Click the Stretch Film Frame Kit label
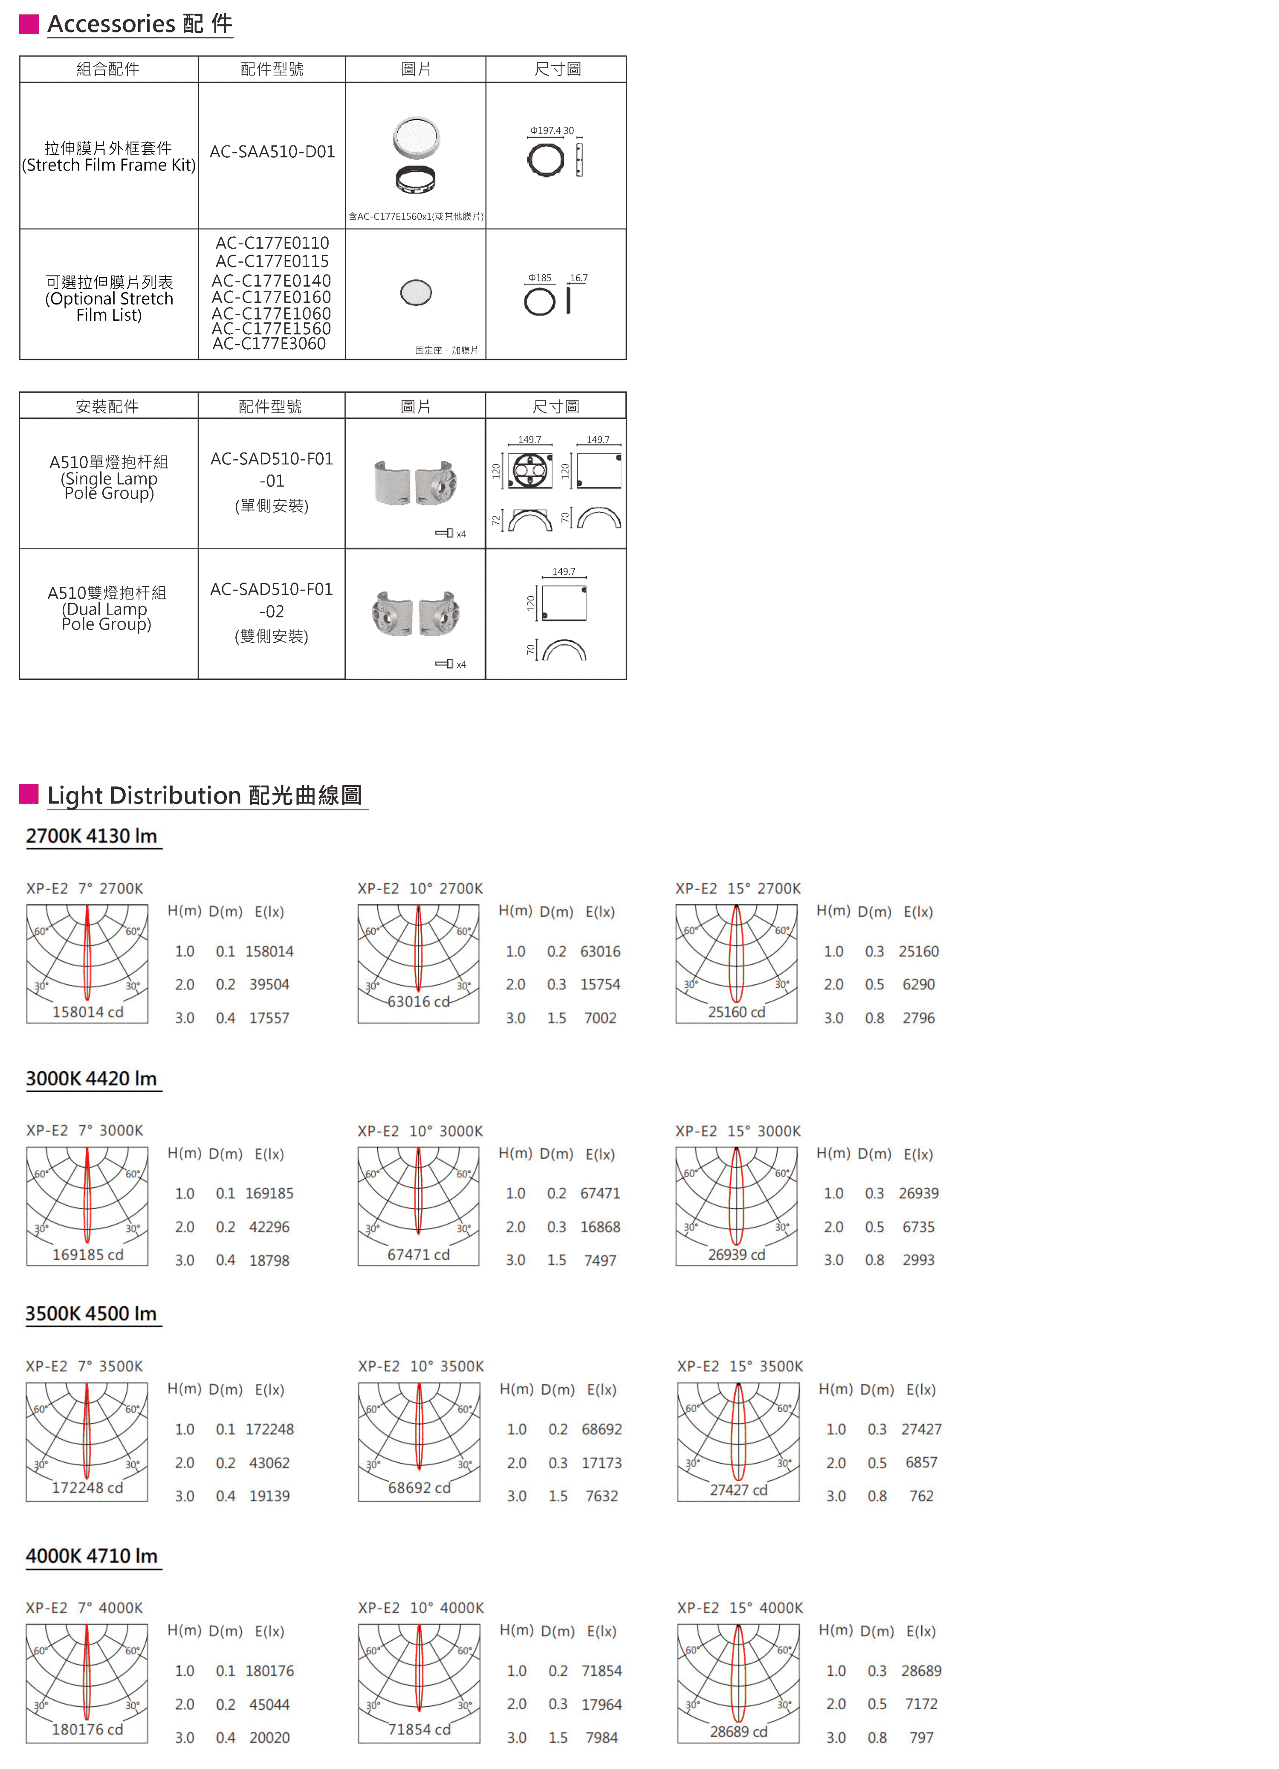click(x=108, y=165)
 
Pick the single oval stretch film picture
click(x=416, y=293)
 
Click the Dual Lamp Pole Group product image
click(x=416, y=614)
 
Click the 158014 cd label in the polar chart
click(x=87, y=1012)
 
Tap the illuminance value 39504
click(x=269, y=984)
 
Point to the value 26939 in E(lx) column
click(x=919, y=1193)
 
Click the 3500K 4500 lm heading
click(x=91, y=1314)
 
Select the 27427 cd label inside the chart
click(x=738, y=1490)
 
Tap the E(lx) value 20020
click(x=269, y=1738)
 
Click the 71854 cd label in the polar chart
click(x=419, y=1729)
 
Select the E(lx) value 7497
click(x=600, y=1261)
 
